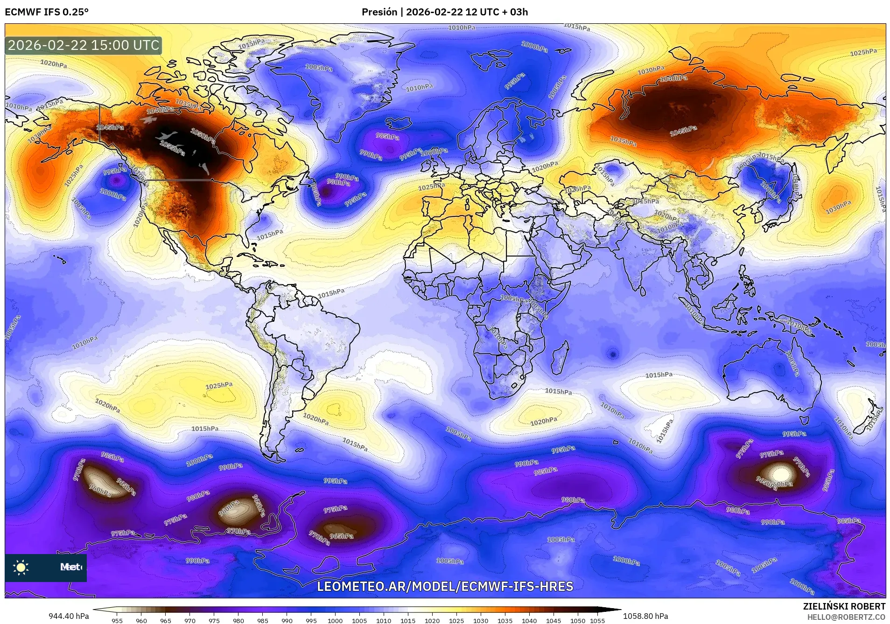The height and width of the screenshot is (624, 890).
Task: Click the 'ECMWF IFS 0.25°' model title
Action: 46,12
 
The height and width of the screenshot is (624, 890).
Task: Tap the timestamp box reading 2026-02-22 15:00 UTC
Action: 84,45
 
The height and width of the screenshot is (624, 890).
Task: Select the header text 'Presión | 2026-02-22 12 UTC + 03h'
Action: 444,12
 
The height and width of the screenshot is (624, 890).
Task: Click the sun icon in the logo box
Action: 21,567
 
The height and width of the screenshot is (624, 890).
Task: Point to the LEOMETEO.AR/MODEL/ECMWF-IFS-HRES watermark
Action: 445,586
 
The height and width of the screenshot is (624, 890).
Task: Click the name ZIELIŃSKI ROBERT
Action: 844,606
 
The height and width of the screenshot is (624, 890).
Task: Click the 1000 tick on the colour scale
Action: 335,620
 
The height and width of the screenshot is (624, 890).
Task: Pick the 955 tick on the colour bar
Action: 117,620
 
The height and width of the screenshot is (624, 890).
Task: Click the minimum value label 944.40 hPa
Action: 69,616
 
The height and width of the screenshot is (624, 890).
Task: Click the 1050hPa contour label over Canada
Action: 203,136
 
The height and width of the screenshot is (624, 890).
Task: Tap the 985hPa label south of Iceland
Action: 387,137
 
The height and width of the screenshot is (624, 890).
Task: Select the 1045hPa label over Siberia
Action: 683,131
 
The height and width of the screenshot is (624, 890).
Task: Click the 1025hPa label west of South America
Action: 219,386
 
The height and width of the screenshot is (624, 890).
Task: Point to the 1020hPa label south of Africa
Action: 543,421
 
